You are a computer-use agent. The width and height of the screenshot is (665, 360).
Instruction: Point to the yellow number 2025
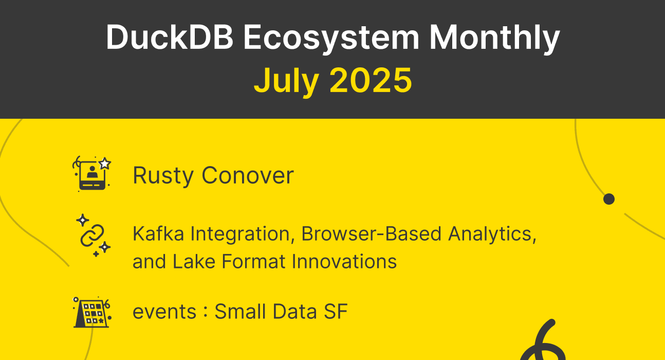pyautogui.click(x=371, y=80)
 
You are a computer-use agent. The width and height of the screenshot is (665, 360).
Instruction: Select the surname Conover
pyautogui.click(x=247, y=175)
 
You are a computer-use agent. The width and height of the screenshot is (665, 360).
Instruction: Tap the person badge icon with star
pyautogui.click(x=92, y=174)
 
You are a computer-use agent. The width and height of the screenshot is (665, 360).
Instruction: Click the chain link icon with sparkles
pyautogui.click(x=92, y=236)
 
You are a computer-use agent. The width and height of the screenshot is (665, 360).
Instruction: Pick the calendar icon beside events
pyautogui.click(x=92, y=312)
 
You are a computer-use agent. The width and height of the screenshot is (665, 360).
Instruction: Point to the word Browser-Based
pyautogui.click(x=372, y=234)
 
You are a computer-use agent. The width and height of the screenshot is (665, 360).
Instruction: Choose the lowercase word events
pyautogui.click(x=164, y=312)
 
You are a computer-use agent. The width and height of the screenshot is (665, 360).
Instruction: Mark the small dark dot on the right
pyautogui.click(x=609, y=199)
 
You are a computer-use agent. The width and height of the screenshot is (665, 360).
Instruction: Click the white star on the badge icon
pyautogui.click(x=105, y=164)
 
